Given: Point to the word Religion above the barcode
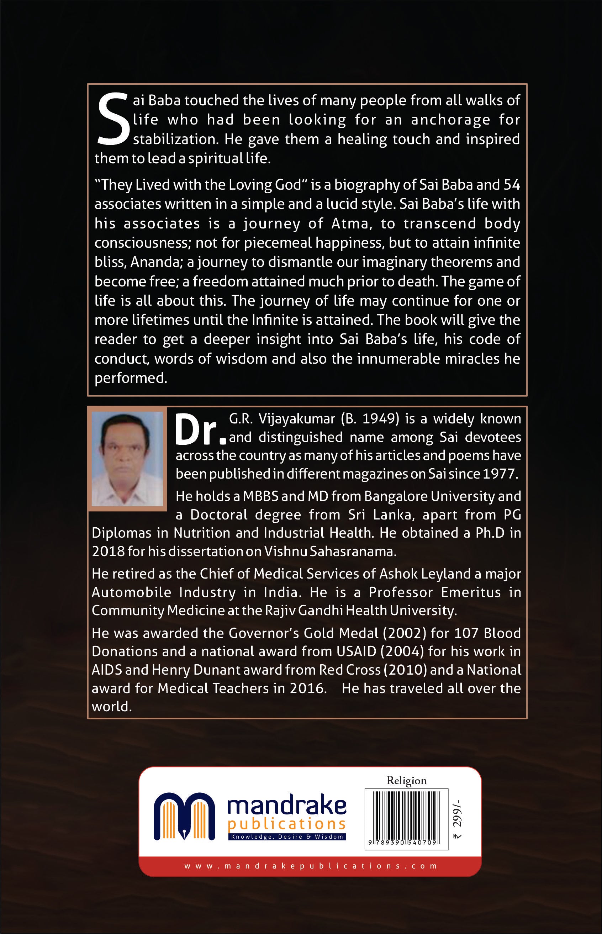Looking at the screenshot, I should point(407,781).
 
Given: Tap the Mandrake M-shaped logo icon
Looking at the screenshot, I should point(184,816).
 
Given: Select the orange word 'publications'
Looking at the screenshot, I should point(286,824).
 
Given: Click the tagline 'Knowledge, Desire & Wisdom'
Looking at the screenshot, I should point(287,837).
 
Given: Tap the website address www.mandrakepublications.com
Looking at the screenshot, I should point(310,866).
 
